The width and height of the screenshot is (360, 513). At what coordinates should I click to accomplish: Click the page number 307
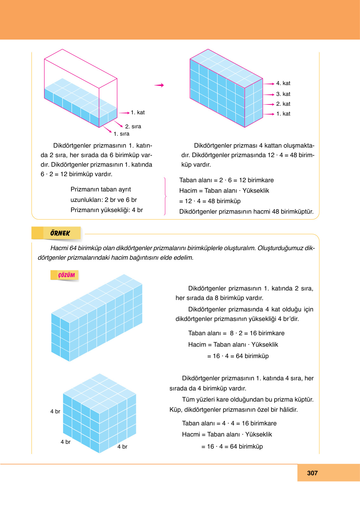tap(312, 473)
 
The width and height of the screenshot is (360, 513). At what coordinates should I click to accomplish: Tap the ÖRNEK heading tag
tap(60, 233)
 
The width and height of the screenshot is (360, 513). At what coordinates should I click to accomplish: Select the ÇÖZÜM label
tap(66, 275)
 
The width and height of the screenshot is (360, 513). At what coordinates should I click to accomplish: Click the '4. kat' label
tap(283, 83)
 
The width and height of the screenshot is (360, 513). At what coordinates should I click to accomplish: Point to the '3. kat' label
tap(283, 94)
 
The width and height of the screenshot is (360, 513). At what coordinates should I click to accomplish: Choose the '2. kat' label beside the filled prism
tap(283, 104)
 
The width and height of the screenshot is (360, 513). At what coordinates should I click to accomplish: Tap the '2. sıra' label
tap(133, 126)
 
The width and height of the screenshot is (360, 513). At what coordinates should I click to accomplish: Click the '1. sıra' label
tap(122, 134)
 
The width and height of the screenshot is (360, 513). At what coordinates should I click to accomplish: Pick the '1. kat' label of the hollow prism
tap(138, 112)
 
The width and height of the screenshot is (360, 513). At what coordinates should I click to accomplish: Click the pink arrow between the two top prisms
tap(159, 85)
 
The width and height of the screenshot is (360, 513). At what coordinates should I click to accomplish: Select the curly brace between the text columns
tap(165, 196)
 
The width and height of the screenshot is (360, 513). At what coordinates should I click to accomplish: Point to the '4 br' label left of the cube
tap(55, 411)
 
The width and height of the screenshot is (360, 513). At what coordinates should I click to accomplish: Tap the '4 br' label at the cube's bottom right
tap(122, 447)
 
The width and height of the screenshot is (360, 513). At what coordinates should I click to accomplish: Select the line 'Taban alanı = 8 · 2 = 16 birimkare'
tap(236, 333)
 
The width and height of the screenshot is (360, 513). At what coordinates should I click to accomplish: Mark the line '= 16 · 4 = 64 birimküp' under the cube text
tap(232, 446)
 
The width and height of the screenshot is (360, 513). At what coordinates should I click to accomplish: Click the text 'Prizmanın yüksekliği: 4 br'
tap(107, 210)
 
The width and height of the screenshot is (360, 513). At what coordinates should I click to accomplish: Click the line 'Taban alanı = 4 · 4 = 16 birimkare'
tap(229, 423)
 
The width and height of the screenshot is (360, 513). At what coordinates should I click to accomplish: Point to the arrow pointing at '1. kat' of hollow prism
tap(124, 113)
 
